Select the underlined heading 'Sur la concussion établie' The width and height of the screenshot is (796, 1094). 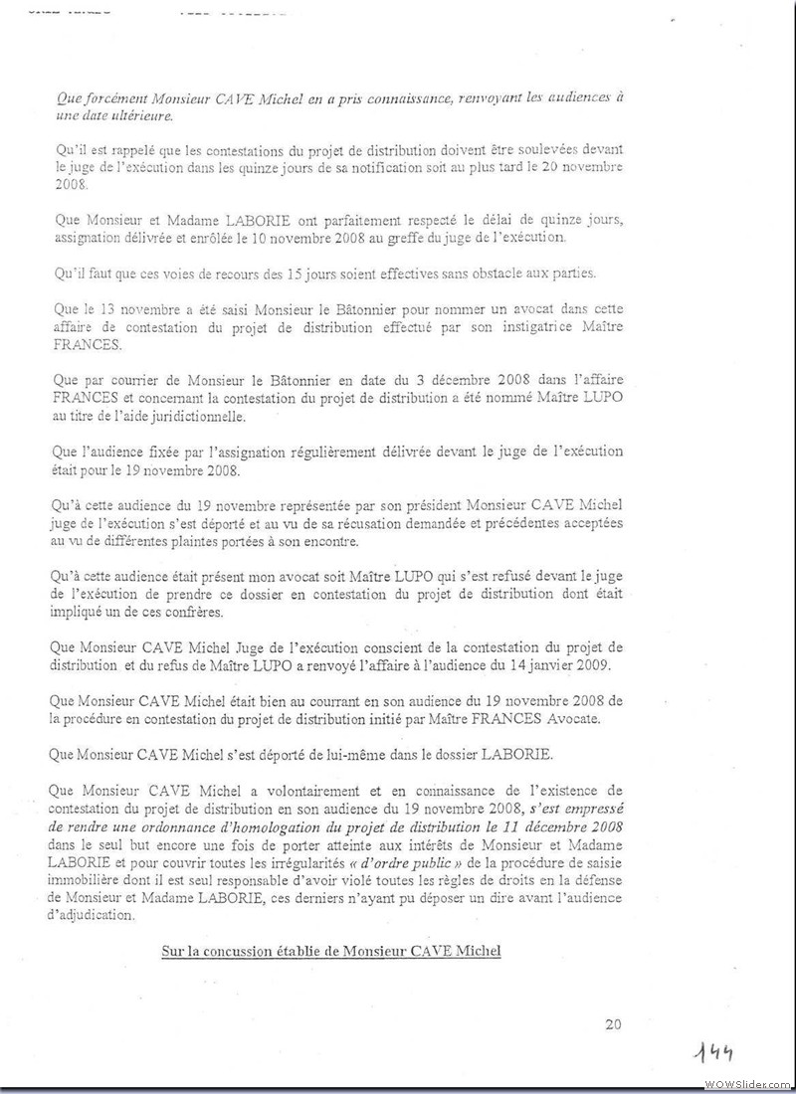coord(331,951)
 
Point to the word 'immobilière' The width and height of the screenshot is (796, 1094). coord(93,879)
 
